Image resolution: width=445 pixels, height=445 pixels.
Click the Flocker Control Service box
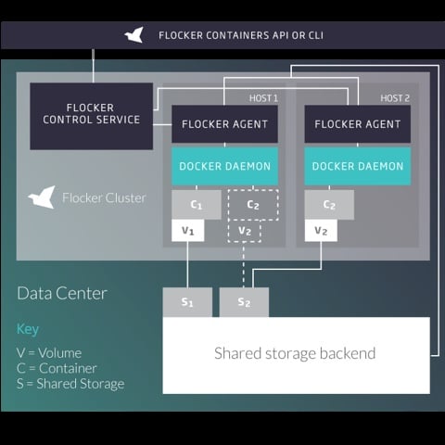(x=92, y=116)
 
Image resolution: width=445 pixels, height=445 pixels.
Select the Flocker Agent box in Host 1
(x=224, y=124)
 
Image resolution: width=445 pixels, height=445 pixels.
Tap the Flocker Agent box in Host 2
(x=358, y=124)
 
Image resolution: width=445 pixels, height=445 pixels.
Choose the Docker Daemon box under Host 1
(x=224, y=166)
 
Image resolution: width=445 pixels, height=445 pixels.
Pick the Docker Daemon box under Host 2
(x=358, y=166)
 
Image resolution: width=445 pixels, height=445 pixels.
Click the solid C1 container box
(x=197, y=205)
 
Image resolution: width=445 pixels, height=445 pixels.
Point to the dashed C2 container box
(x=253, y=205)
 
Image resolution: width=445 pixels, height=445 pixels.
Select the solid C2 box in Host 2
(x=329, y=205)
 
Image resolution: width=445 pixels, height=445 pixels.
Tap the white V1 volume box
(x=188, y=231)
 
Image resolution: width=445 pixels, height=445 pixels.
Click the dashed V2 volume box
(x=245, y=231)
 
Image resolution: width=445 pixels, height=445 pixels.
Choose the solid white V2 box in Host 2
(x=321, y=231)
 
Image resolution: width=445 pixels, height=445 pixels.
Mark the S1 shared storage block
(x=187, y=302)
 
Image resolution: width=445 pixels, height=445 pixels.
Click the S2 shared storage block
(x=244, y=302)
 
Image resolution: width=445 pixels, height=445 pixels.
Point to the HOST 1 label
(x=263, y=98)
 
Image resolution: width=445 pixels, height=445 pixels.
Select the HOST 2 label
(x=395, y=98)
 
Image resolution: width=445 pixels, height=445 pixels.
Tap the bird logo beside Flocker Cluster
(x=42, y=197)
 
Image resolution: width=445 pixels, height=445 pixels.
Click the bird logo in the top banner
(x=134, y=35)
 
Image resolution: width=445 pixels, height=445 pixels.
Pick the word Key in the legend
(x=28, y=329)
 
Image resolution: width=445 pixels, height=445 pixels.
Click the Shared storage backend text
(x=295, y=353)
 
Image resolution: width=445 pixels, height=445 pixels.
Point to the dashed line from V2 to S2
(x=244, y=265)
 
